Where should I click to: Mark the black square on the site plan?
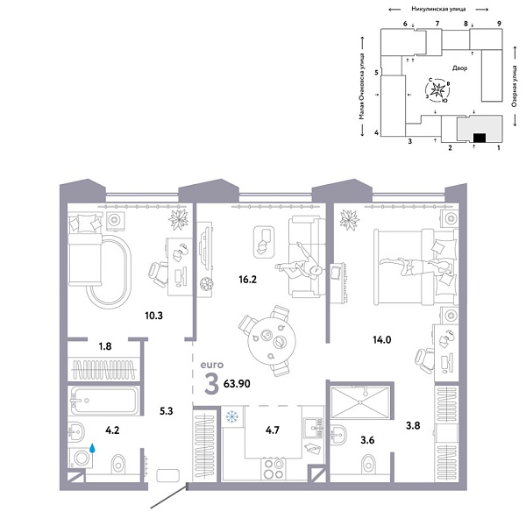pos(479,138)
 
